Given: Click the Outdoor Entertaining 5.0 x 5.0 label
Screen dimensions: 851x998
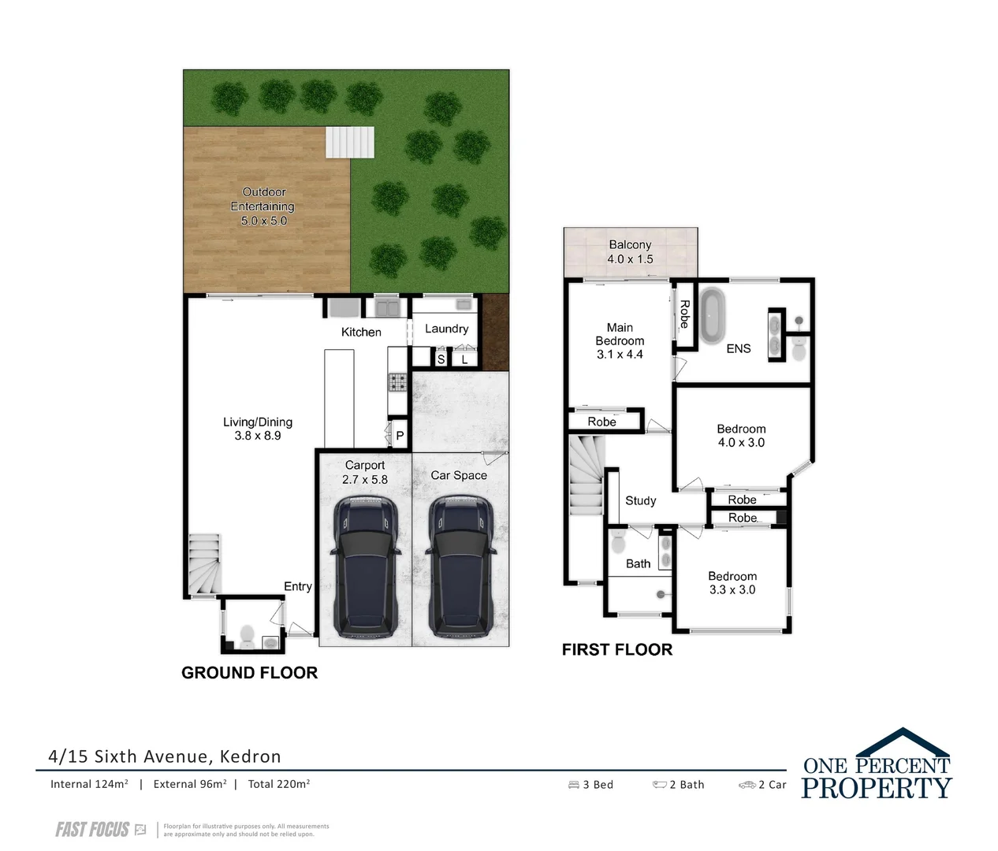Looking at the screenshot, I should [x=263, y=206].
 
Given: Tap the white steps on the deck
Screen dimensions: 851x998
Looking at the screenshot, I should [x=349, y=143].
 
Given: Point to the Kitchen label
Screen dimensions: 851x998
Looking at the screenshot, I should [x=361, y=333].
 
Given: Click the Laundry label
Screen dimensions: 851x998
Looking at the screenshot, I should [x=446, y=329].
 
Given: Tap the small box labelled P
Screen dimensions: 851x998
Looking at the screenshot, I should [x=400, y=436].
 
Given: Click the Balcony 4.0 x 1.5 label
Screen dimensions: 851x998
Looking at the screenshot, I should [x=630, y=252].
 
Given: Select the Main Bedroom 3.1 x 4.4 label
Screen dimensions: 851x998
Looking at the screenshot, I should [x=620, y=341].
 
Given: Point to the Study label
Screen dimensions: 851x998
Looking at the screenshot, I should [x=640, y=500].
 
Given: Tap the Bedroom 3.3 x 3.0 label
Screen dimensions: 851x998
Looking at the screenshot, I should [x=732, y=583].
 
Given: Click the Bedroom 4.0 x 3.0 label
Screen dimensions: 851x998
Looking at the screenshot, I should [x=740, y=436].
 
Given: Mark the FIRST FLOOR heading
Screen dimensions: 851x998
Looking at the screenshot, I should [x=616, y=649].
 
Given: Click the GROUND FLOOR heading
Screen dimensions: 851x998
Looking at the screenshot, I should [x=249, y=672].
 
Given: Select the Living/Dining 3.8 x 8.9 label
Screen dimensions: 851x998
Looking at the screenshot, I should [x=258, y=429].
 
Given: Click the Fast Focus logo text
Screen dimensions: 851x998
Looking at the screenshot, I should [x=92, y=829].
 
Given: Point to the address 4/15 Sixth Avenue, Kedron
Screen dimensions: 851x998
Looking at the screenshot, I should [x=165, y=756].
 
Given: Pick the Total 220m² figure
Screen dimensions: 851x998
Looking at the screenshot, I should [x=278, y=784].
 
